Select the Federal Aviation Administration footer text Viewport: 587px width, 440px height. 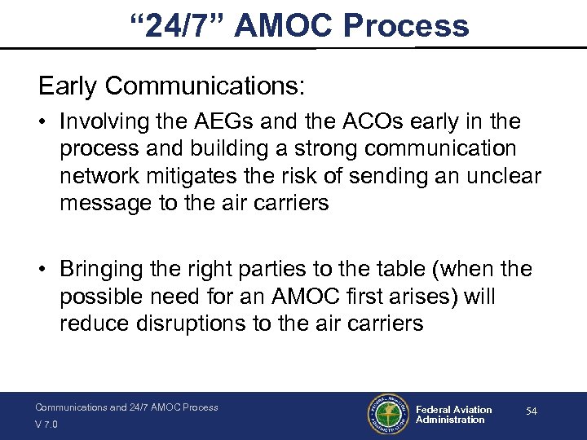[453, 415]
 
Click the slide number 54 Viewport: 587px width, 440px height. [532, 412]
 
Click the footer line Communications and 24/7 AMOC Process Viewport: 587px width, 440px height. [126, 407]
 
